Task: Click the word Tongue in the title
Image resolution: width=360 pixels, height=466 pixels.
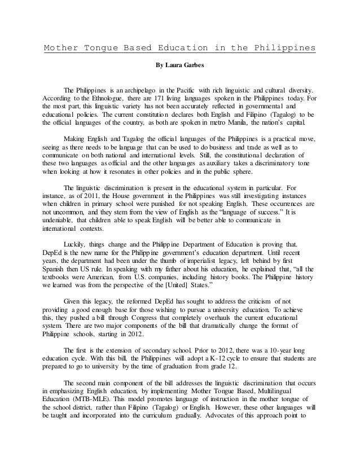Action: pyautogui.click(x=98, y=47)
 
